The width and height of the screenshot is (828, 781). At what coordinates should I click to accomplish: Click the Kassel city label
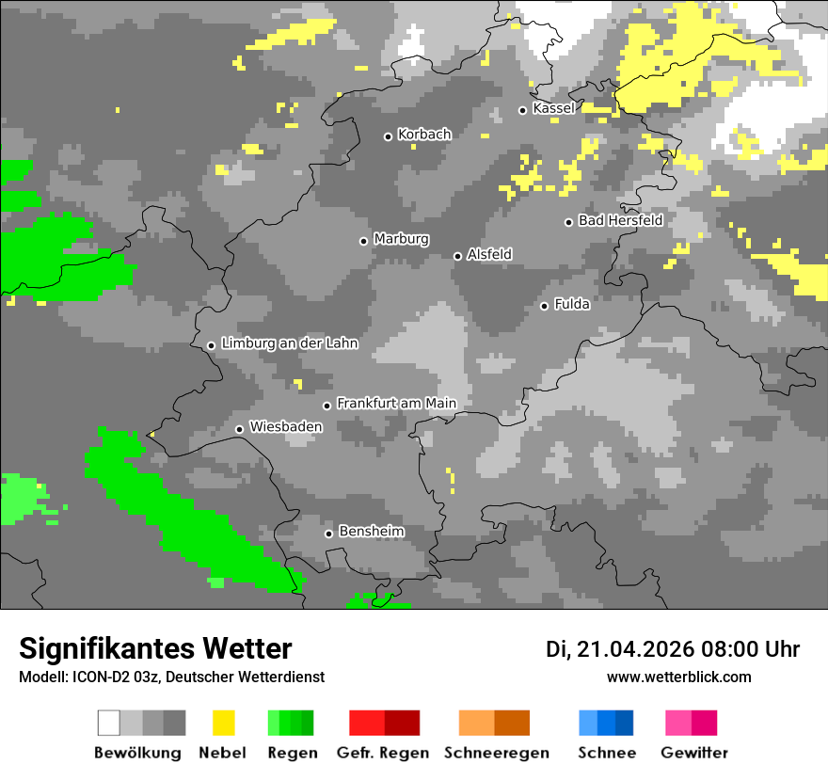pyautogui.click(x=553, y=108)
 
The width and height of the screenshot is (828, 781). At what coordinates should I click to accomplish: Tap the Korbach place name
pyautogui.click(x=424, y=135)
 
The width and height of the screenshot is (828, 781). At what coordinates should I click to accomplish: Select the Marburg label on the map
pyautogui.click(x=401, y=239)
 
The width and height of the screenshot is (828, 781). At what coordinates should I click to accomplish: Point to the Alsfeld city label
pyautogui.click(x=489, y=254)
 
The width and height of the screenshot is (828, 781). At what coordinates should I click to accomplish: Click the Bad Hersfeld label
pyautogui.click(x=620, y=220)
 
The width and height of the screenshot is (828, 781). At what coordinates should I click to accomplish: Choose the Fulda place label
pyautogui.click(x=572, y=304)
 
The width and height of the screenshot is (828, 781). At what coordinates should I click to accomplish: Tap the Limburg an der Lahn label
pyautogui.click(x=290, y=343)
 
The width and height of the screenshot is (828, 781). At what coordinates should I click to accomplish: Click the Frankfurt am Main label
pyautogui.click(x=396, y=404)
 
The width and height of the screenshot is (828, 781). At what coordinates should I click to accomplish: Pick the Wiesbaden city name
pyautogui.click(x=286, y=427)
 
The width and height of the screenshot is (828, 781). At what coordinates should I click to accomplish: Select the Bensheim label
pyautogui.click(x=371, y=532)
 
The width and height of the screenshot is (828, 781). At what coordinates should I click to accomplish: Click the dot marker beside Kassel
pyautogui.click(x=523, y=110)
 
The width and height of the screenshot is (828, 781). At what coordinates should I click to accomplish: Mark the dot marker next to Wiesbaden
pyautogui.click(x=240, y=429)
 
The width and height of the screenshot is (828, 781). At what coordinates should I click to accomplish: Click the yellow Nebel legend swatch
pyautogui.click(x=223, y=723)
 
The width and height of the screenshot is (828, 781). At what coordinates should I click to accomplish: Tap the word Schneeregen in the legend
pyautogui.click(x=497, y=753)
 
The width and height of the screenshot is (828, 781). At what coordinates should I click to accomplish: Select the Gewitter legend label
pyautogui.click(x=694, y=753)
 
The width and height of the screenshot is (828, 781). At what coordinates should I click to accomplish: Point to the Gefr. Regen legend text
pyautogui.click(x=383, y=753)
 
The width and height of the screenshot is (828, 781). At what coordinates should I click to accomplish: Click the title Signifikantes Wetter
pyautogui.click(x=155, y=648)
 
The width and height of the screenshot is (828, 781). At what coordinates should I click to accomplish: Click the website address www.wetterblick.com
pyautogui.click(x=678, y=677)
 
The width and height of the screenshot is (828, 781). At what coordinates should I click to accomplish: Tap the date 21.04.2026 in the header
pyautogui.click(x=635, y=649)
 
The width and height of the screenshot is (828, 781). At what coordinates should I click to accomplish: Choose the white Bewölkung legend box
pyautogui.click(x=109, y=723)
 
